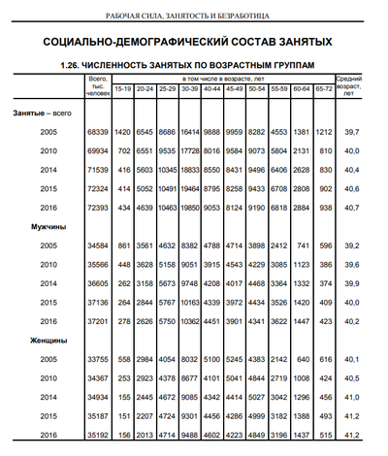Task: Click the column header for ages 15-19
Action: (x=122, y=89)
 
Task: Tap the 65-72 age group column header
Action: (x=324, y=89)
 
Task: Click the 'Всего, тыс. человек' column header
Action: (x=96, y=85)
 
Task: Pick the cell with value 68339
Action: (x=97, y=131)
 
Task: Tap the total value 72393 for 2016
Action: (x=97, y=208)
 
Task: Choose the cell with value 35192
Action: (x=97, y=435)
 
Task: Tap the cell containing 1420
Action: (x=122, y=131)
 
